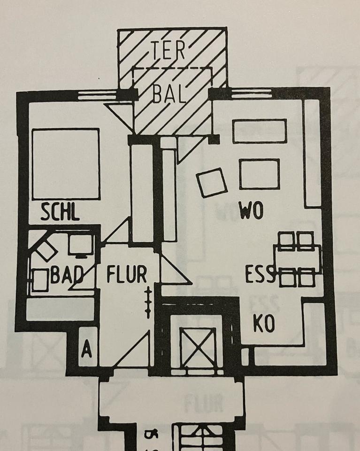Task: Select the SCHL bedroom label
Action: pyautogui.click(x=60, y=213)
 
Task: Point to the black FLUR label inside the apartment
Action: pyautogui.click(x=127, y=274)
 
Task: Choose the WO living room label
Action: pyautogui.click(x=251, y=211)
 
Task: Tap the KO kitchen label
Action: pyautogui.click(x=264, y=324)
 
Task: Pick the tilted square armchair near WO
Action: pyautogui.click(x=212, y=183)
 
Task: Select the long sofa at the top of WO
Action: pyautogui.click(x=260, y=131)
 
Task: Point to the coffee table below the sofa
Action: pyautogui.click(x=259, y=173)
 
